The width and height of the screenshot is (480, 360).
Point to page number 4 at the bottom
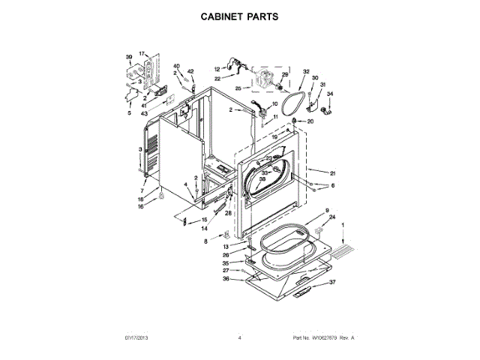239,338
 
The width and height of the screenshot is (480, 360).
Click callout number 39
128,57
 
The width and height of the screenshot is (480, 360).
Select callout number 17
142,54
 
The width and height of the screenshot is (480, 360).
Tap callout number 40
177,66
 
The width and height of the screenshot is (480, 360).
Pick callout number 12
217,68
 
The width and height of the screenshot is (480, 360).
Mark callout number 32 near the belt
306,72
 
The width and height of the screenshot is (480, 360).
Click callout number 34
328,94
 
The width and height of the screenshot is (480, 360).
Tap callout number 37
334,283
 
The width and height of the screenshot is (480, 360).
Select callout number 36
226,279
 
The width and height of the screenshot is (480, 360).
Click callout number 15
203,220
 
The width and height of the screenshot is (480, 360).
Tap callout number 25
238,88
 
